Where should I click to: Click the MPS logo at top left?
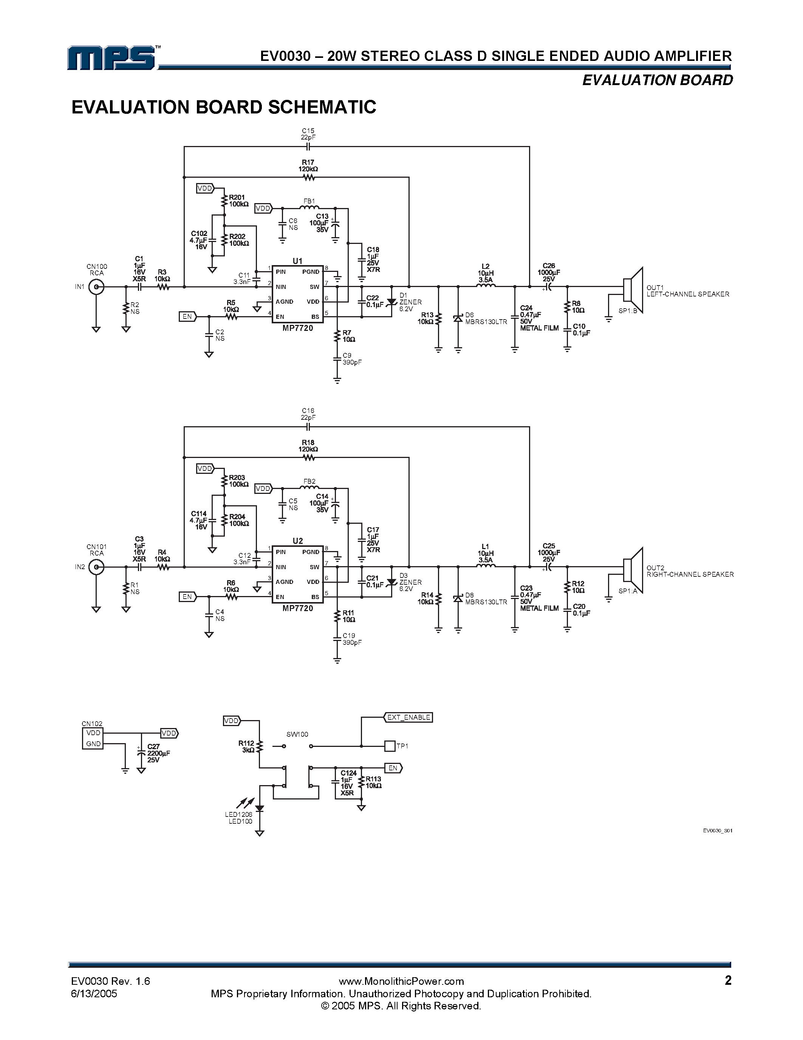coord(112,58)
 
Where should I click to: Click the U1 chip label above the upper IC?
coord(297,261)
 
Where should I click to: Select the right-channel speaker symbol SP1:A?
coord(633,570)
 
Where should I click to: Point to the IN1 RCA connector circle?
coord(97,287)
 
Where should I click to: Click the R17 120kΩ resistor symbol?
coord(309,178)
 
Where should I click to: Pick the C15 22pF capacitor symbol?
coord(308,147)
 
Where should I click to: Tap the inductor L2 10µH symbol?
coord(485,286)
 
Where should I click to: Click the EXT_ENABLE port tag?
coord(408,717)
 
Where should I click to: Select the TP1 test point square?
coord(390,746)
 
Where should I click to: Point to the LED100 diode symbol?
coord(260,808)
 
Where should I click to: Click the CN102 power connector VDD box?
coord(93,733)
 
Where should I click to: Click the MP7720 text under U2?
coord(298,608)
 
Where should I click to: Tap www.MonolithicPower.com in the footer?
coord(401,981)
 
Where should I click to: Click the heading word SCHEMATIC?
coord(322,107)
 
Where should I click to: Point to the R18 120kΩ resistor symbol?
coord(309,458)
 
